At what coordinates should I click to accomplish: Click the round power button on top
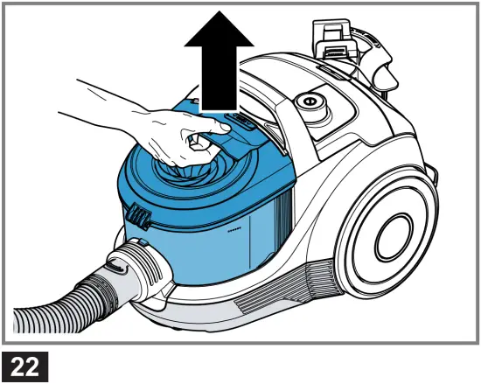(x=309, y=102)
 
